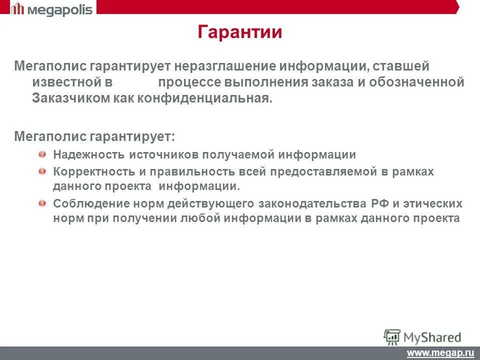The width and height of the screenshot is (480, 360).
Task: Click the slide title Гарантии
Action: (x=240, y=32)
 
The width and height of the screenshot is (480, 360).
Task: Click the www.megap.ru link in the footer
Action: (x=440, y=353)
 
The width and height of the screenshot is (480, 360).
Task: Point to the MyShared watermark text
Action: (x=433, y=336)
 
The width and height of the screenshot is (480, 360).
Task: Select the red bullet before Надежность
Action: (x=42, y=154)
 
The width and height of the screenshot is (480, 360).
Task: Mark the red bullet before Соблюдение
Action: (x=42, y=203)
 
